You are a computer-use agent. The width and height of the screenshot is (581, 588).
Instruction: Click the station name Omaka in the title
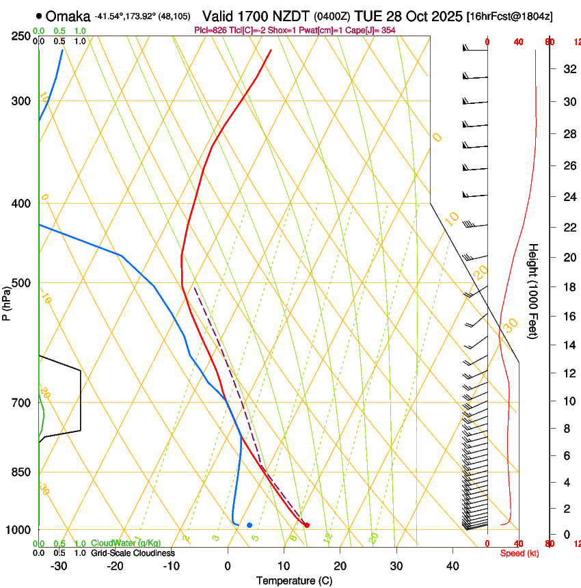[x=68, y=16]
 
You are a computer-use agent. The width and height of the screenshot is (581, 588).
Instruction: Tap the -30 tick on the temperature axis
[x=59, y=566]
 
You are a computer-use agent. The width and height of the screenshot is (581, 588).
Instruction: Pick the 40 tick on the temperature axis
[x=452, y=566]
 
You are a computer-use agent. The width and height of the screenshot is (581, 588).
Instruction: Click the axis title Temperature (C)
[x=294, y=580]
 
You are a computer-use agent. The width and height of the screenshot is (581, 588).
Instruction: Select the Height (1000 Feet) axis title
[x=534, y=291]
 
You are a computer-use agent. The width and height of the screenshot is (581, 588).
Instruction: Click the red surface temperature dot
[x=307, y=525]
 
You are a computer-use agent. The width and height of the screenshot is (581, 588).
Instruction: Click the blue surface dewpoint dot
[x=249, y=525]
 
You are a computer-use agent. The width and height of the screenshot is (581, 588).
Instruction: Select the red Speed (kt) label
[x=519, y=553]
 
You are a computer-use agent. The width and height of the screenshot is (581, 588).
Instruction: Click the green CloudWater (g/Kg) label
[x=126, y=544]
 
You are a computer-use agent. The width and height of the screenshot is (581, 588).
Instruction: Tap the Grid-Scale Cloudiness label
[x=133, y=552]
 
